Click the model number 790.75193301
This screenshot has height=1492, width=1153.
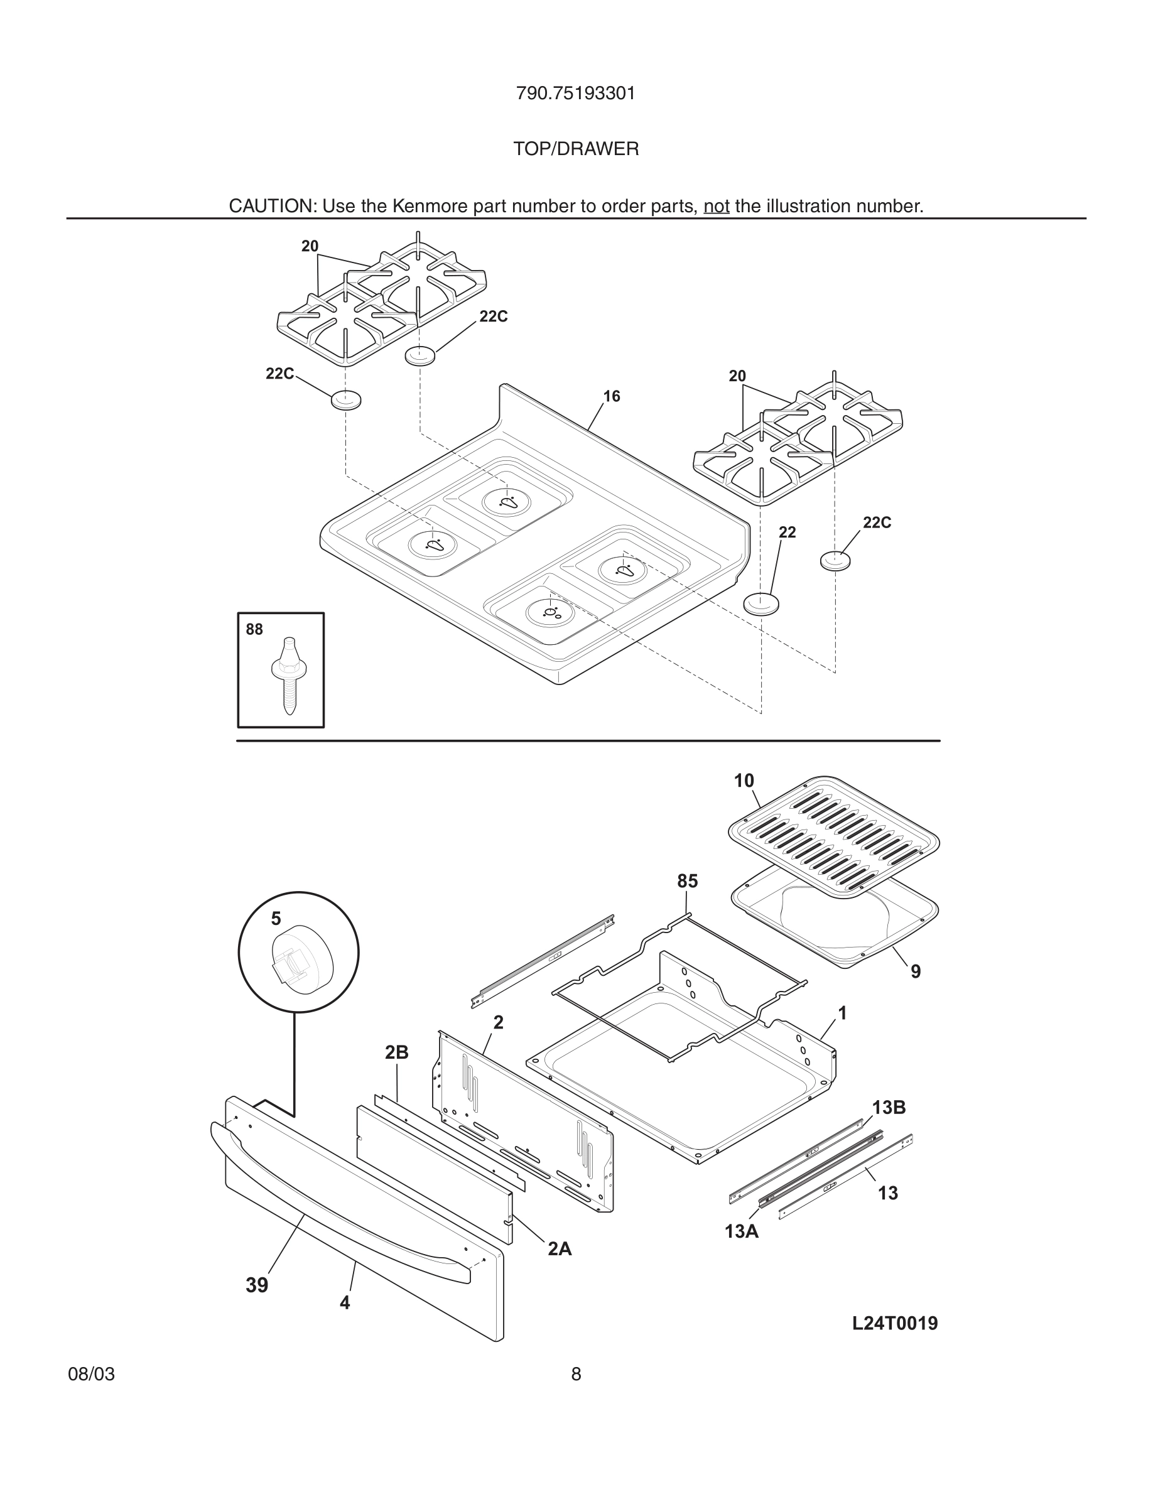576,94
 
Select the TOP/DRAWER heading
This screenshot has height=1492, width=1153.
576,149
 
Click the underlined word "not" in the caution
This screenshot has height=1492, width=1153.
717,207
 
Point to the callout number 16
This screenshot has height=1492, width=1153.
611,396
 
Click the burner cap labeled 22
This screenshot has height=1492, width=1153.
761,604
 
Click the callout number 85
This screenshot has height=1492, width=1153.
687,881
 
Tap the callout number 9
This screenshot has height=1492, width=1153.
915,971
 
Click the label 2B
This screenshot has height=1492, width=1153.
396,1052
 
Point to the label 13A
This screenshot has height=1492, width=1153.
742,1232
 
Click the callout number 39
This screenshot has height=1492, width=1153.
257,1285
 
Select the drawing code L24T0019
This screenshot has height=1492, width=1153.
895,1343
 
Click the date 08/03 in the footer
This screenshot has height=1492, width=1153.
91,1393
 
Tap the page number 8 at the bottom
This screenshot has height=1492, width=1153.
576,1393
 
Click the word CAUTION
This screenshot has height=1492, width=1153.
271,207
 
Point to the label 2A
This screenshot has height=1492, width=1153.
560,1249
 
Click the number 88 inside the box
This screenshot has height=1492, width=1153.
254,629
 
